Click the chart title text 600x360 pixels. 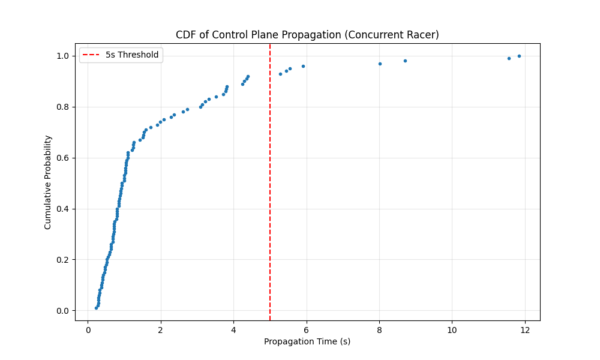[x=307, y=35]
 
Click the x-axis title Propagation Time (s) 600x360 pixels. [x=307, y=341]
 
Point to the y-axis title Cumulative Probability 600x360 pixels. [x=48, y=182]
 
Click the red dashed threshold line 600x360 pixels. [x=270, y=180]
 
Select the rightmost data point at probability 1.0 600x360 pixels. [x=519, y=56]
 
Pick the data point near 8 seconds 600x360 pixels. [x=380, y=64]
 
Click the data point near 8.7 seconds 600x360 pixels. [x=405, y=61]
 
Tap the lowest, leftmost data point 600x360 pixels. [x=96, y=308]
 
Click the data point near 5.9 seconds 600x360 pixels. [x=303, y=66]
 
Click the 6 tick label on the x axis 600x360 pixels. [x=307, y=329]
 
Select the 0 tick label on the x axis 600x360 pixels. [x=88, y=329]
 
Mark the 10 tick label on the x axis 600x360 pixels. [x=452, y=329]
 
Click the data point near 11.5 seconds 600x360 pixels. [x=509, y=58]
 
